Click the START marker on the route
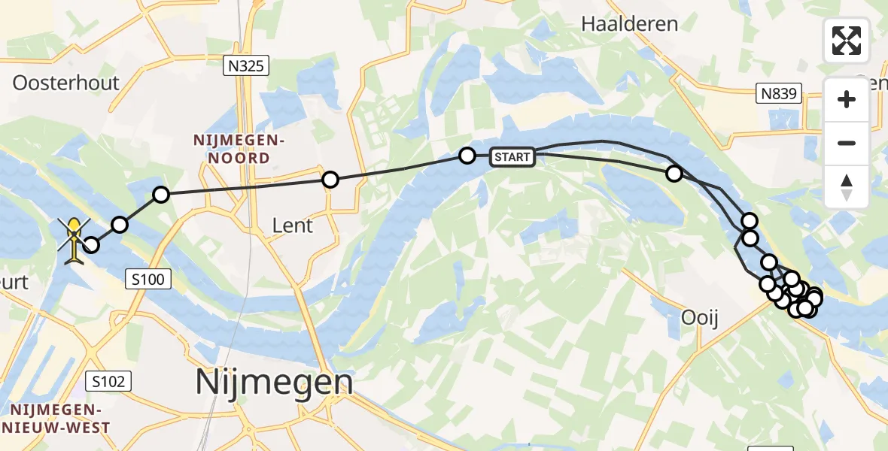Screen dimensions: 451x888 (x=512, y=157)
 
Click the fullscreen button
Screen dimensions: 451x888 (x=847, y=41)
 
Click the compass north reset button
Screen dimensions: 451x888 (x=847, y=187)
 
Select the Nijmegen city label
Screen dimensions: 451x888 (x=274, y=383)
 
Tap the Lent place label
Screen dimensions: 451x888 (x=293, y=225)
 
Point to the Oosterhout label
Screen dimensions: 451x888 (x=66, y=83)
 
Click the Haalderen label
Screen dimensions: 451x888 (x=630, y=24)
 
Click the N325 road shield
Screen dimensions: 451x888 (x=246, y=67)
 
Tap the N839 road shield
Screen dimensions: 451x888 (x=778, y=94)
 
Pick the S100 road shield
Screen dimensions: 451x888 (x=151, y=280)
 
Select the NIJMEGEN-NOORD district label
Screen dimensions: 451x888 (x=232, y=149)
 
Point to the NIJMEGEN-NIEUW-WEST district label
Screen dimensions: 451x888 (x=56, y=419)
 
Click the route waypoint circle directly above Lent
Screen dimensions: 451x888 (x=330, y=180)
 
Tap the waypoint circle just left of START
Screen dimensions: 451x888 (x=467, y=156)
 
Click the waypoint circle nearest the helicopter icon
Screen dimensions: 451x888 (x=91, y=244)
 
